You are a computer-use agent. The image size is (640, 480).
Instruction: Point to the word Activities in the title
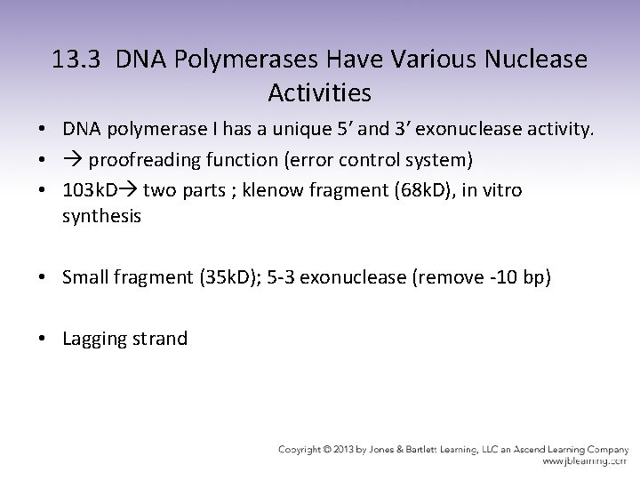click(x=319, y=92)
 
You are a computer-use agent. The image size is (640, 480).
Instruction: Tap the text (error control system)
click(x=365, y=162)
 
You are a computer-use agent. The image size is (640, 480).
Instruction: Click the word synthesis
click(x=101, y=216)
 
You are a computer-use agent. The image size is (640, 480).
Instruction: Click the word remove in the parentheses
click(x=448, y=277)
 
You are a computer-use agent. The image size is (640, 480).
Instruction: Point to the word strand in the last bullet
click(x=160, y=339)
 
